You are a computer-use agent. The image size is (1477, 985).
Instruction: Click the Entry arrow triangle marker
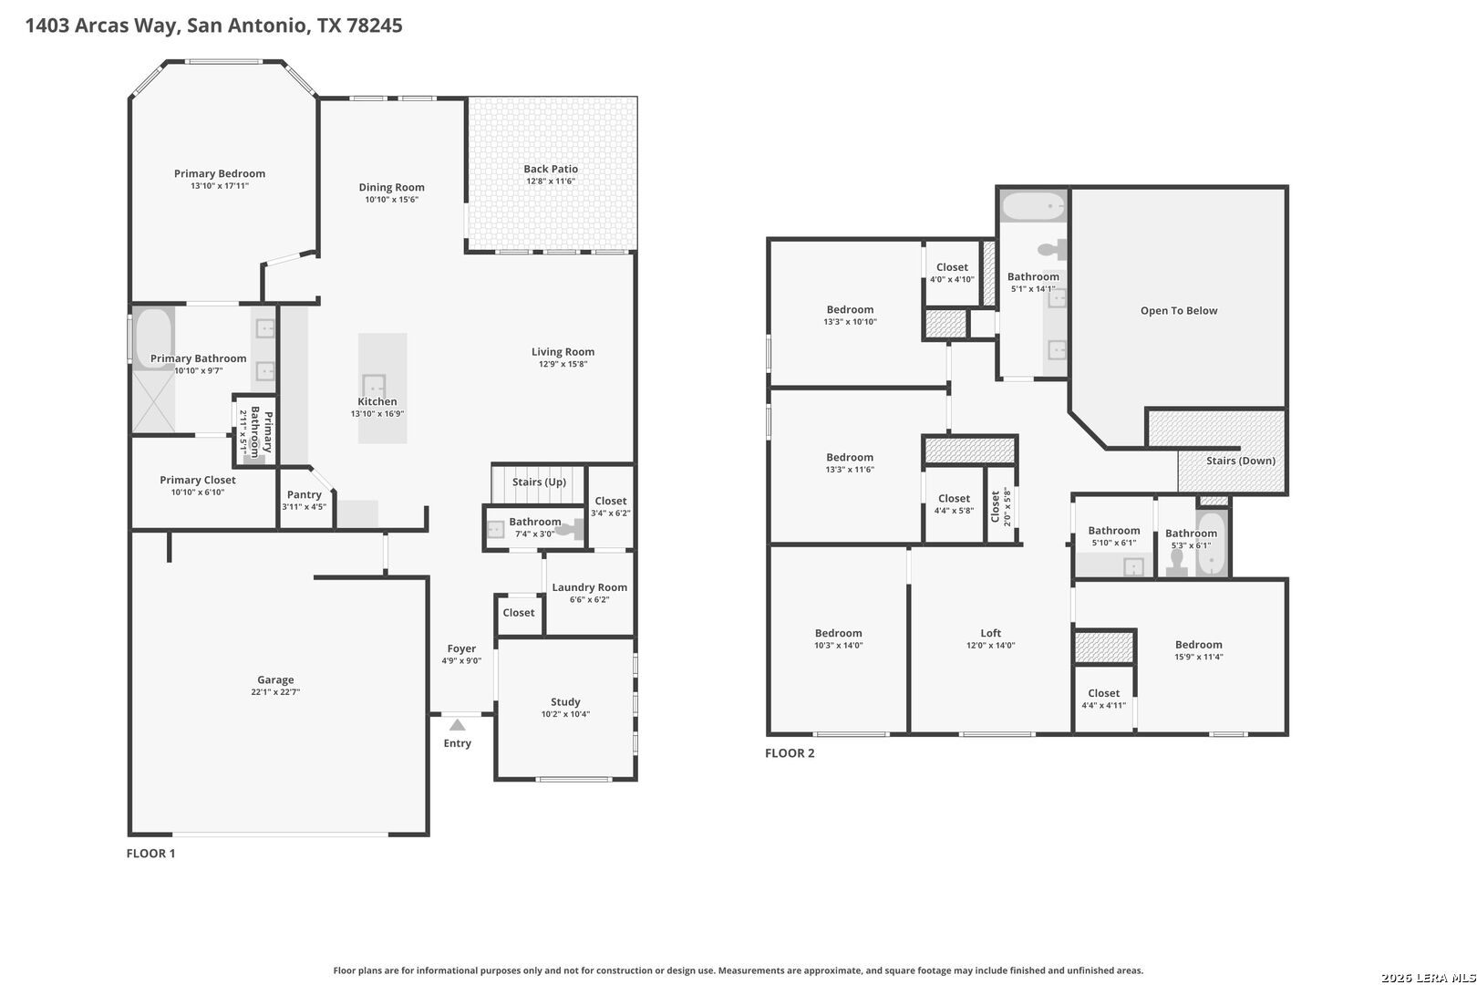pos(457,725)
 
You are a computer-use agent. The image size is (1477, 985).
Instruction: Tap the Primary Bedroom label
pos(220,173)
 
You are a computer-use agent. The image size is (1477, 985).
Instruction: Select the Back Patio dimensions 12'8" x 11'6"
pos(551,181)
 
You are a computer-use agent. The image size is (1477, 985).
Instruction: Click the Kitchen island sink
pos(374,385)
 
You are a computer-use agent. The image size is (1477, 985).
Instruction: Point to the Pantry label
pos(304,495)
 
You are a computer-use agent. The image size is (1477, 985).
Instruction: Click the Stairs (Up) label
pos(540,482)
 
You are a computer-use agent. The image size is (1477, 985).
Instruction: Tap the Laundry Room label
pos(590,587)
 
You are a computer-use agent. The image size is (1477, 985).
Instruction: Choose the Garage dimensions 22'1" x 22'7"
pos(275,692)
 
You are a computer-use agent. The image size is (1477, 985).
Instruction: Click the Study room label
pos(566,702)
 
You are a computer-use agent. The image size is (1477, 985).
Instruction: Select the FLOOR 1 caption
pos(151,853)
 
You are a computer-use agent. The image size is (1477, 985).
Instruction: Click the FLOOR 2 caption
pos(790,752)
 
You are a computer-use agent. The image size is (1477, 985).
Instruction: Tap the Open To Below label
pos(1179,311)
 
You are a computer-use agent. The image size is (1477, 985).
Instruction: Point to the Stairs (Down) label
pos(1241,461)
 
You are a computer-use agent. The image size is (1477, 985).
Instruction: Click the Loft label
pos(990,633)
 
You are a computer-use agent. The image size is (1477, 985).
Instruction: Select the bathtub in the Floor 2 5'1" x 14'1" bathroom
pos(1033,206)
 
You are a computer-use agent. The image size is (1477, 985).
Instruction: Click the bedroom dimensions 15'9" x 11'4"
pos(1199,657)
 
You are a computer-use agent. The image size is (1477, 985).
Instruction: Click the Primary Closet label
pos(198,481)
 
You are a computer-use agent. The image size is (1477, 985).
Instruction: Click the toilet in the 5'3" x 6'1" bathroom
pos(1176,563)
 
